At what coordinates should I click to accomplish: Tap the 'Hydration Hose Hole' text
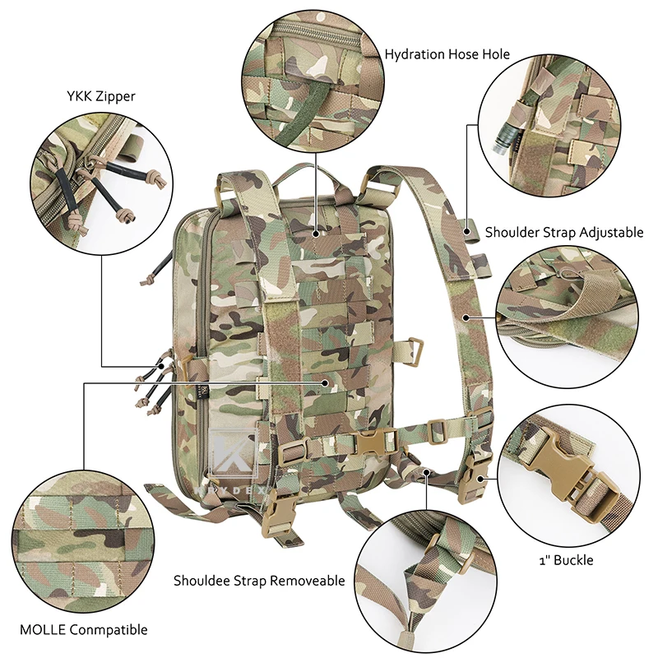tap(447, 54)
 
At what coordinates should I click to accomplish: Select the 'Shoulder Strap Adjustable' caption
tap(563, 232)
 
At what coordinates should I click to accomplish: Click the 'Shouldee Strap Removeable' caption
tap(259, 581)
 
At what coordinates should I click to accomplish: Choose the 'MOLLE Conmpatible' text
tap(86, 629)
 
